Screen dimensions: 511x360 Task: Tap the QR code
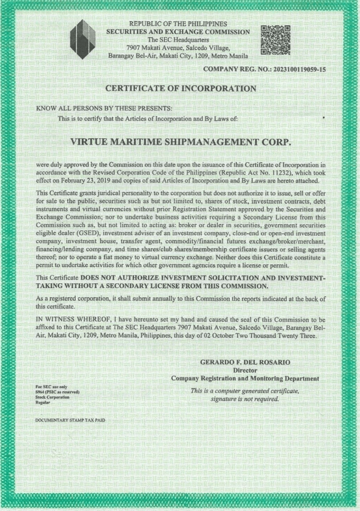276,40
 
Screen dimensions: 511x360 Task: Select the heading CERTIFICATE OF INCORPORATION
180,88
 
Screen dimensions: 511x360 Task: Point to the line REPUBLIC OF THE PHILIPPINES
178,24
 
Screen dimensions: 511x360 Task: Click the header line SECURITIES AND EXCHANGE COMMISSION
178,32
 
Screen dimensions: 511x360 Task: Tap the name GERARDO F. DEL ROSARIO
245,362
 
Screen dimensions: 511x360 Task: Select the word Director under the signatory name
244,370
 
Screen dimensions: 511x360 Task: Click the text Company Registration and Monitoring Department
245,378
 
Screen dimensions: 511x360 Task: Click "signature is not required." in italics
245,399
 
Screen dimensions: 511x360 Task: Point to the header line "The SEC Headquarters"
178,40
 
